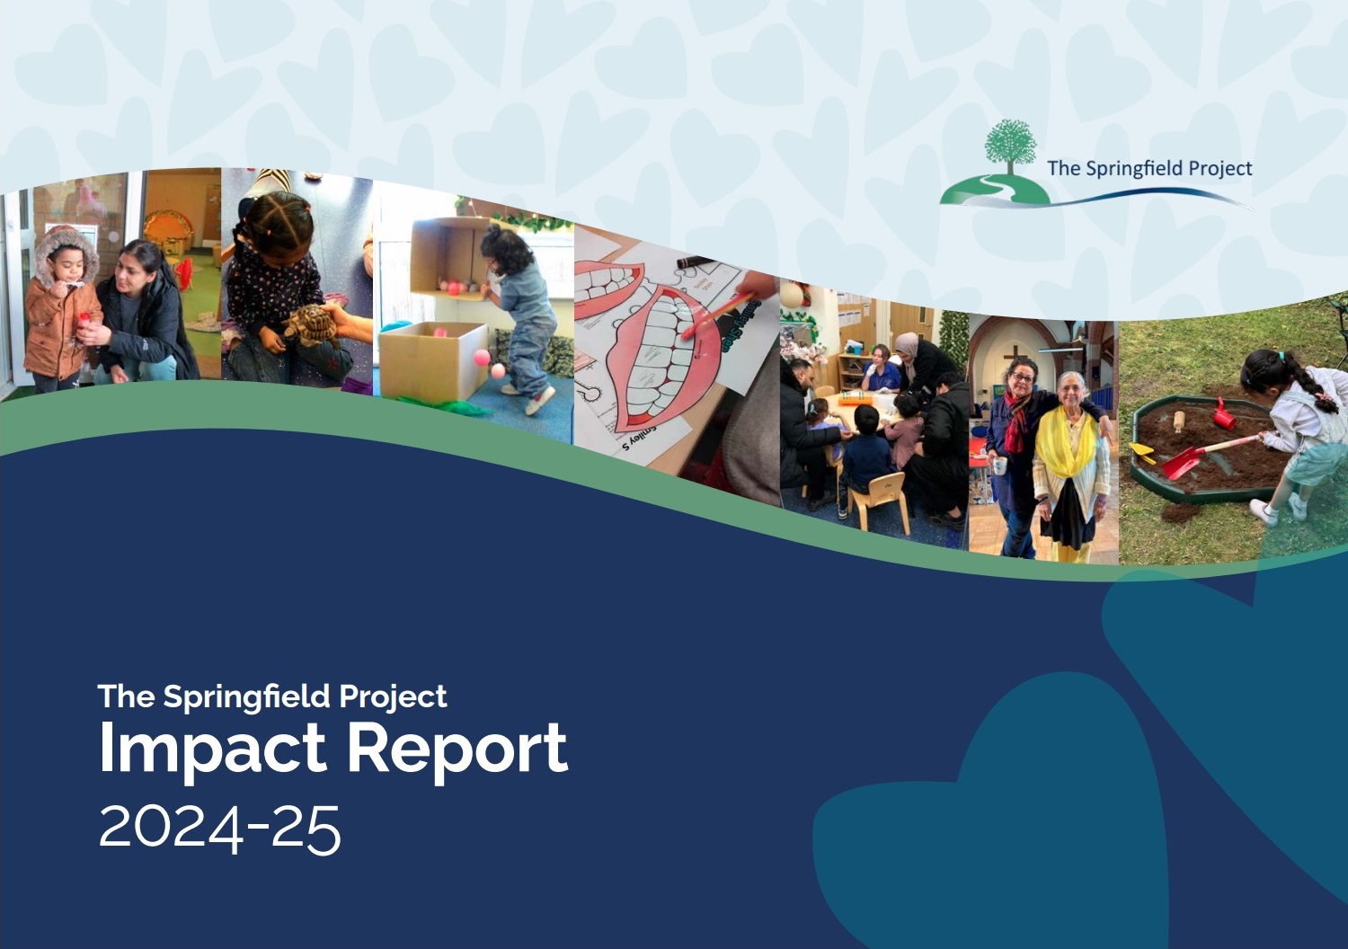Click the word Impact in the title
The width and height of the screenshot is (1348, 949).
pyautogui.click(x=212, y=749)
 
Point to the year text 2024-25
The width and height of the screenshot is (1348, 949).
pyautogui.click(x=219, y=828)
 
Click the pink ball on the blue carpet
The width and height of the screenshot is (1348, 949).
pyautogui.click(x=483, y=358)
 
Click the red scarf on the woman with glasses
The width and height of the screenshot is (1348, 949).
pyautogui.click(x=1015, y=422)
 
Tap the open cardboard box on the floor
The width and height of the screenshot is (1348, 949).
pyautogui.click(x=434, y=358)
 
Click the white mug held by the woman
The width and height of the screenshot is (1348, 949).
pyautogui.click(x=999, y=466)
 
